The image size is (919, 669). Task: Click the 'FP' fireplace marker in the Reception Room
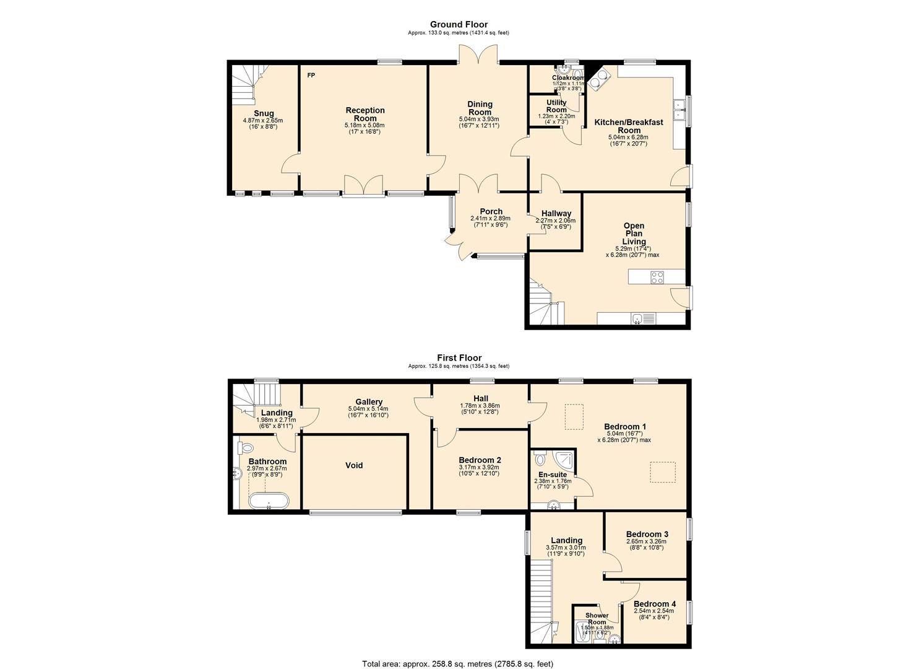pyautogui.click(x=311, y=76)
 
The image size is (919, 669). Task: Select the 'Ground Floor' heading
pyautogui.click(x=459, y=24)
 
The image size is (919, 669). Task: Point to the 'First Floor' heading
pyautogui.click(x=459, y=358)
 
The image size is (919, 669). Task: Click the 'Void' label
pyautogui.click(x=354, y=465)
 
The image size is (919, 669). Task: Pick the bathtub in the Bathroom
pyautogui.click(x=269, y=501)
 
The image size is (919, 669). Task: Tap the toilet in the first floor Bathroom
pyautogui.click(x=246, y=447)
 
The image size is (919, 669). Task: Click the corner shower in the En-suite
pyautogui.click(x=564, y=460)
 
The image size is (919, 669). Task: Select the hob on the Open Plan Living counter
pyautogui.click(x=657, y=278)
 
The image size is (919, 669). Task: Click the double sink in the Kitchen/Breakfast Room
pyautogui.click(x=679, y=110)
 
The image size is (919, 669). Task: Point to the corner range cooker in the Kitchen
pyautogui.click(x=600, y=79)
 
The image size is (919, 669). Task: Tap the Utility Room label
pyautogui.click(x=556, y=106)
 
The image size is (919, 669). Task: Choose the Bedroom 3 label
pyautogui.click(x=647, y=534)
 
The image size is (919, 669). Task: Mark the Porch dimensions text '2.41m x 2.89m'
pyautogui.click(x=490, y=219)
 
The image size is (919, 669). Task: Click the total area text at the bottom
pyautogui.click(x=457, y=663)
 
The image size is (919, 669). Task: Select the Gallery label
pyautogui.click(x=369, y=402)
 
